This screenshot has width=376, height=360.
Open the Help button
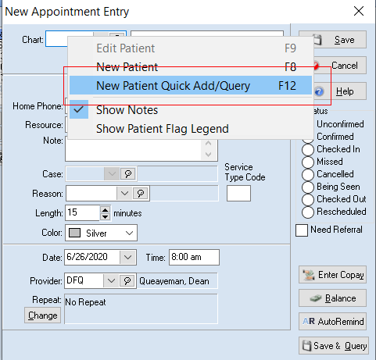coord(340,91)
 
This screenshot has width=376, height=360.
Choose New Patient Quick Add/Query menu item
coord(191,85)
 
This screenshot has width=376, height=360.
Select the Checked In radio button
coord(308,150)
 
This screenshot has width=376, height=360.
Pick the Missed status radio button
coord(308,162)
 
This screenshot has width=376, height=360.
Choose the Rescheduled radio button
coord(308,212)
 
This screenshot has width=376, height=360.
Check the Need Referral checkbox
coord(302,230)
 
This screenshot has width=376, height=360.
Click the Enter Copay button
coord(332,275)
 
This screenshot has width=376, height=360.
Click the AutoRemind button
coord(332,321)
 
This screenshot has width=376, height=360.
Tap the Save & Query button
coord(334,346)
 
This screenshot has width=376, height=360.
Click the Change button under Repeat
coord(42,315)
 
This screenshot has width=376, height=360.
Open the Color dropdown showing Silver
coord(101,233)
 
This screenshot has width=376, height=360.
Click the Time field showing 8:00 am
coord(194,257)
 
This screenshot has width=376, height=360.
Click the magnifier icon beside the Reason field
coord(141,193)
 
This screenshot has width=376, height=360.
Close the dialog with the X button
coord(359,11)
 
